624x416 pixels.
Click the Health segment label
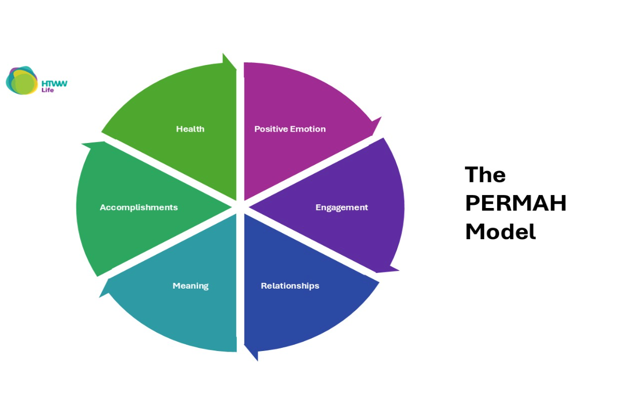coord(190,129)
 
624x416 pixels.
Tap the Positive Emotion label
coord(290,129)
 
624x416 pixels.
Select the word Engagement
coord(342,207)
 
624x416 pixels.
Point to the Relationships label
coord(290,285)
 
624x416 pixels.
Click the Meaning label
coord(190,285)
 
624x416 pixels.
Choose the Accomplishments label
coord(139,207)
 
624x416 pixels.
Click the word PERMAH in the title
coord(515,203)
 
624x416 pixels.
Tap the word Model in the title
coord(500,231)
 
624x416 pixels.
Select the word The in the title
coord(485,175)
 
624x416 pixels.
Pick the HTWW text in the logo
coord(54,83)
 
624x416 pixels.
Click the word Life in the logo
coord(47,90)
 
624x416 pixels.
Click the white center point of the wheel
coord(240,206)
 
